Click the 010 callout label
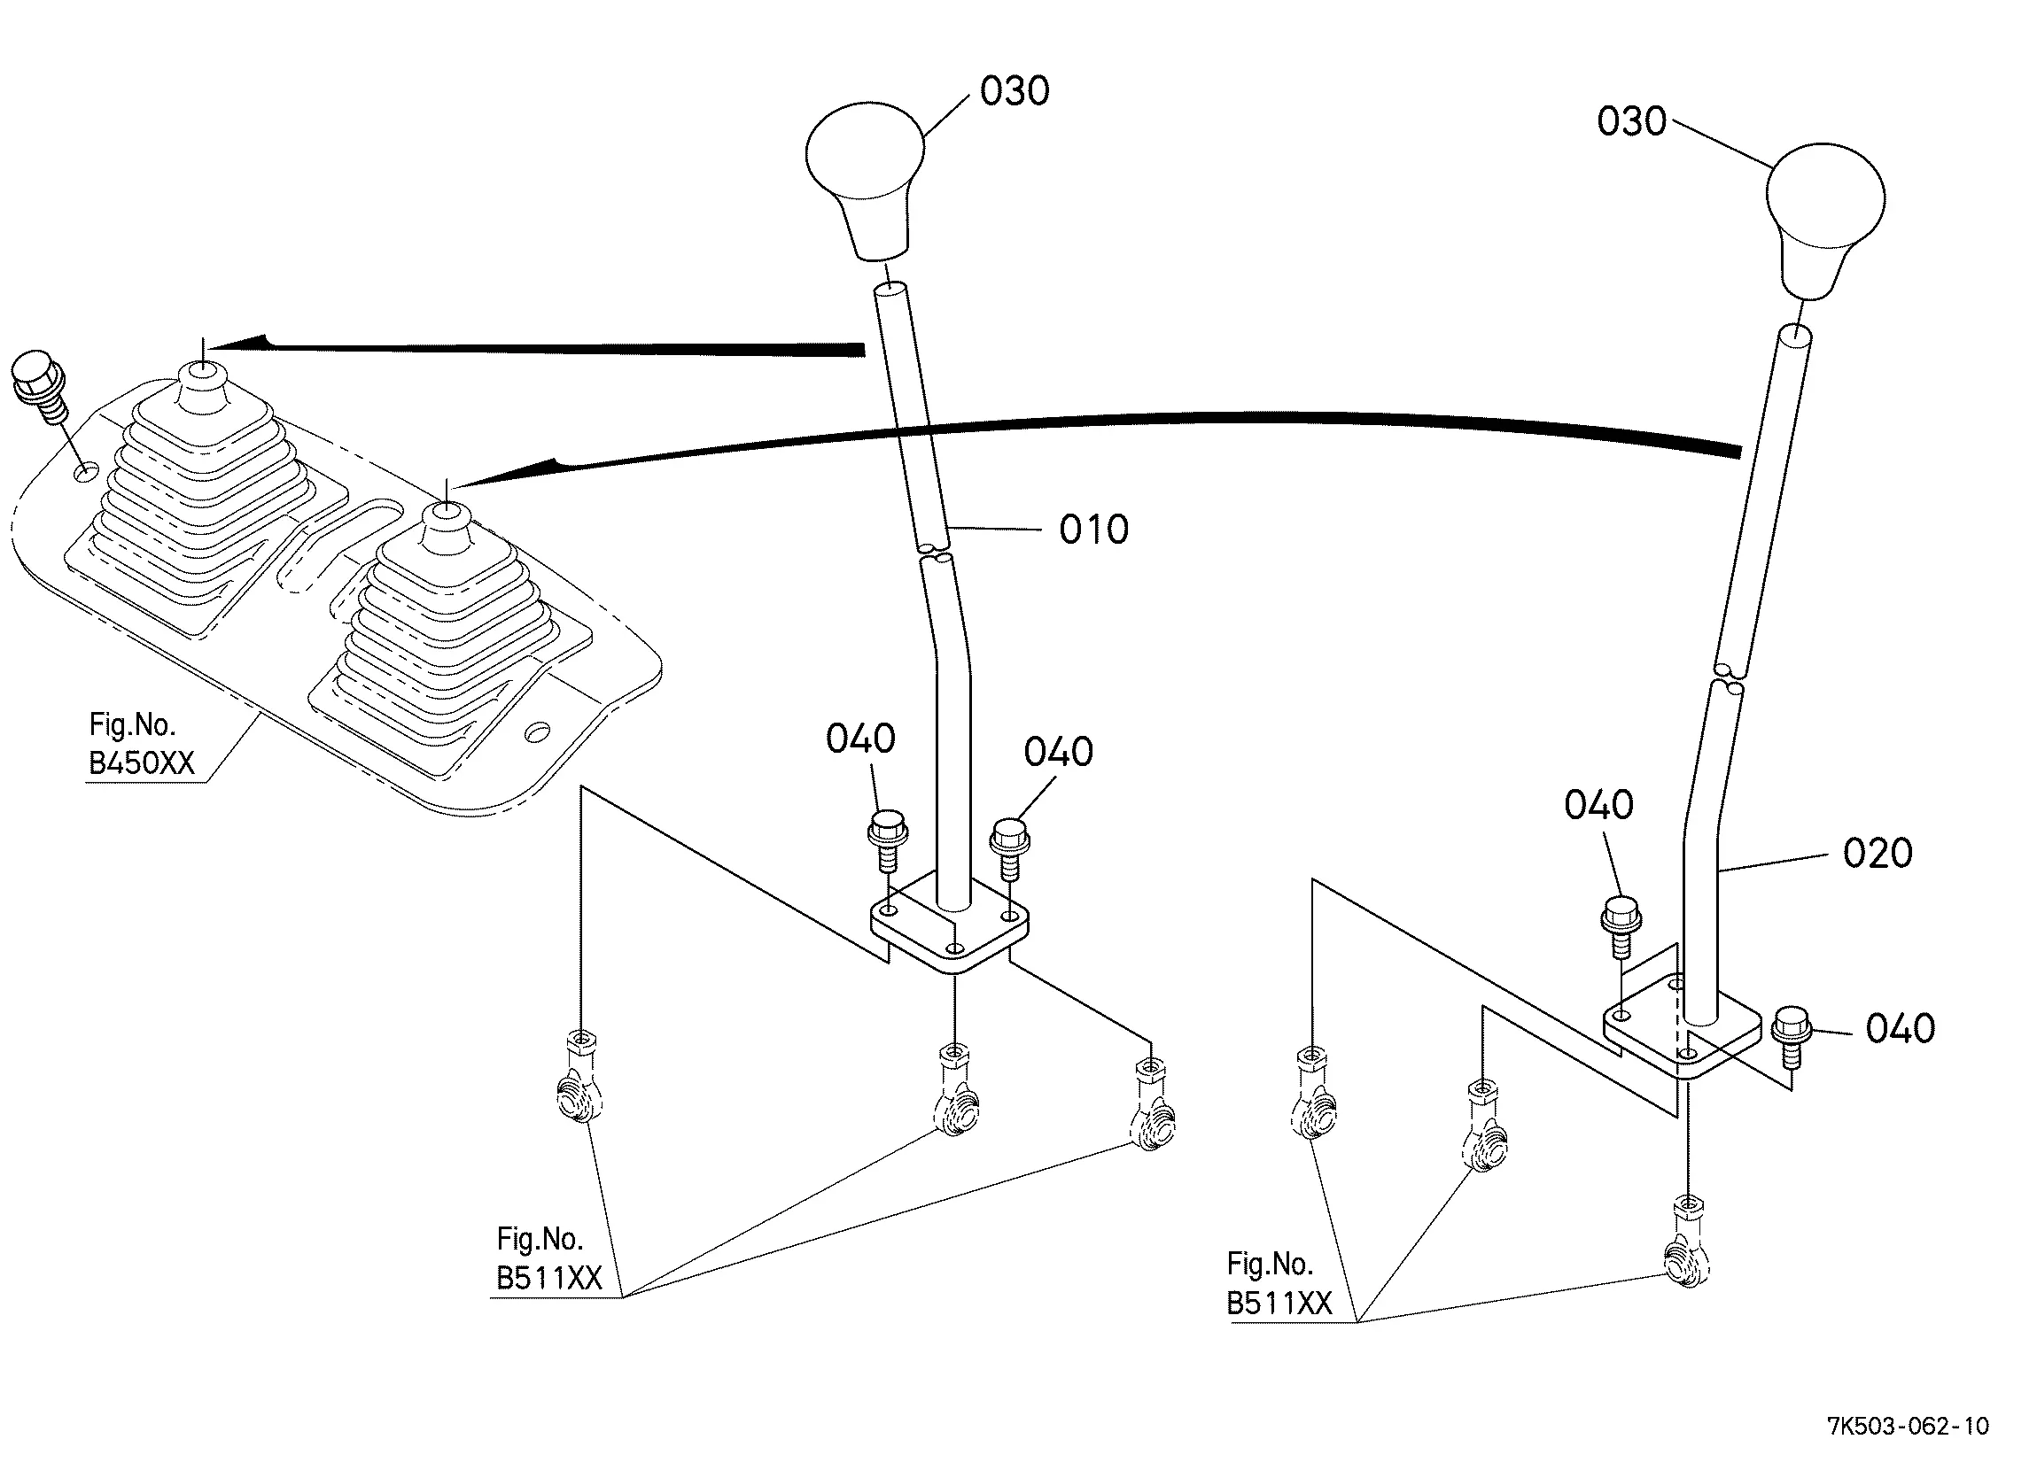[x=1093, y=530]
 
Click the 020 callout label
[x=1878, y=853]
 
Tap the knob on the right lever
[x=1824, y=216]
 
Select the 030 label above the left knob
[x=1014, y=91]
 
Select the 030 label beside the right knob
[x=1631, y=121]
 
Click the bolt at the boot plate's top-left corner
[x=40, y=383]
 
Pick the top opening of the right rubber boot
[x=446, y=510]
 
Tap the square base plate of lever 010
[x=950, y=935]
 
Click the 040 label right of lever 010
[x=1058, y=753]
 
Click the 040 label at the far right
[x=1900, y=1029]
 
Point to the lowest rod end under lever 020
[x=1686, y=1246]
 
